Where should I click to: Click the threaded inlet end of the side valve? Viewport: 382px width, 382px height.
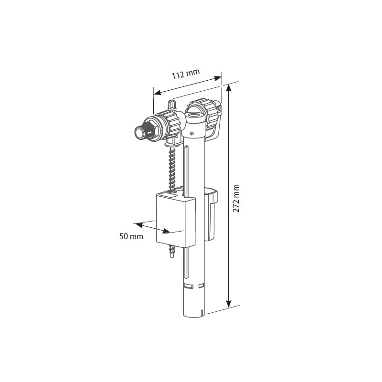(x=140, y=131)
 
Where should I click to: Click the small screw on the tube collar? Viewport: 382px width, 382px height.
(x=191, y=133)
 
